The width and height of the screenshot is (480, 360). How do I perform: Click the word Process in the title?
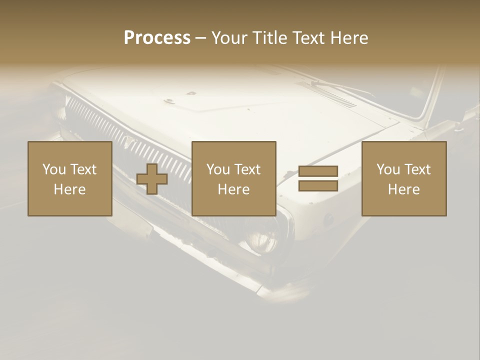coord(157,38)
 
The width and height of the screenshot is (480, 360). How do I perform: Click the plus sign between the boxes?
coord(152,179)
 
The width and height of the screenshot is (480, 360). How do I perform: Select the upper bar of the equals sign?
coord(318,171)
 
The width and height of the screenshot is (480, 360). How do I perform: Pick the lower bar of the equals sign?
coord(318,186)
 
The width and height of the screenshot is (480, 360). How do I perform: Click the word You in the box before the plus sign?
coord(53,169)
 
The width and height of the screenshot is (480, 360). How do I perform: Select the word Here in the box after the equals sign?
coord(403,189)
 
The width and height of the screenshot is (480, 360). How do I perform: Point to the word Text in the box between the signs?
coord(247,169)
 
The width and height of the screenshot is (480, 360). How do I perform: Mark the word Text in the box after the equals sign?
coord(417,169)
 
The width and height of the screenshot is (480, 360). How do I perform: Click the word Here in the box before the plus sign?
coord(69,189)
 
